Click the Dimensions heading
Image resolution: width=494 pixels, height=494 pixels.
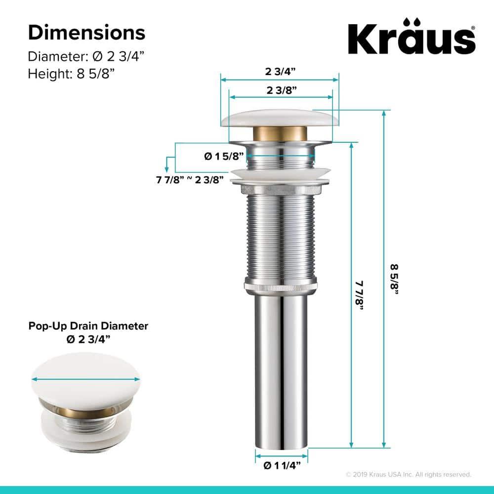click(86, 33)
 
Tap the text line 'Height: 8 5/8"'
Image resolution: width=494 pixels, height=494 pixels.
click(71, 73)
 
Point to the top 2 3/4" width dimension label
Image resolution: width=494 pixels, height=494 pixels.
click(280, 71)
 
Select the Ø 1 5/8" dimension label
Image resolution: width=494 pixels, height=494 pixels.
click(225, 156)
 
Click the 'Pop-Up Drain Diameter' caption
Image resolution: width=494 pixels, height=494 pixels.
click(88, 326)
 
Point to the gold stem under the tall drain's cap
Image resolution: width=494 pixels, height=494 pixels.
click(280, 133)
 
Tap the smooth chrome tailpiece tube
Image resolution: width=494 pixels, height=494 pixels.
click(281, 370)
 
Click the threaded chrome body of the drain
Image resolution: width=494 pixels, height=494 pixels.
click(280, 237)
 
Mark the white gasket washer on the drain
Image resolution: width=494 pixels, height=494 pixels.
click(280, 174)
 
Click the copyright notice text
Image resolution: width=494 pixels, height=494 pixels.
click(408, 474)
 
